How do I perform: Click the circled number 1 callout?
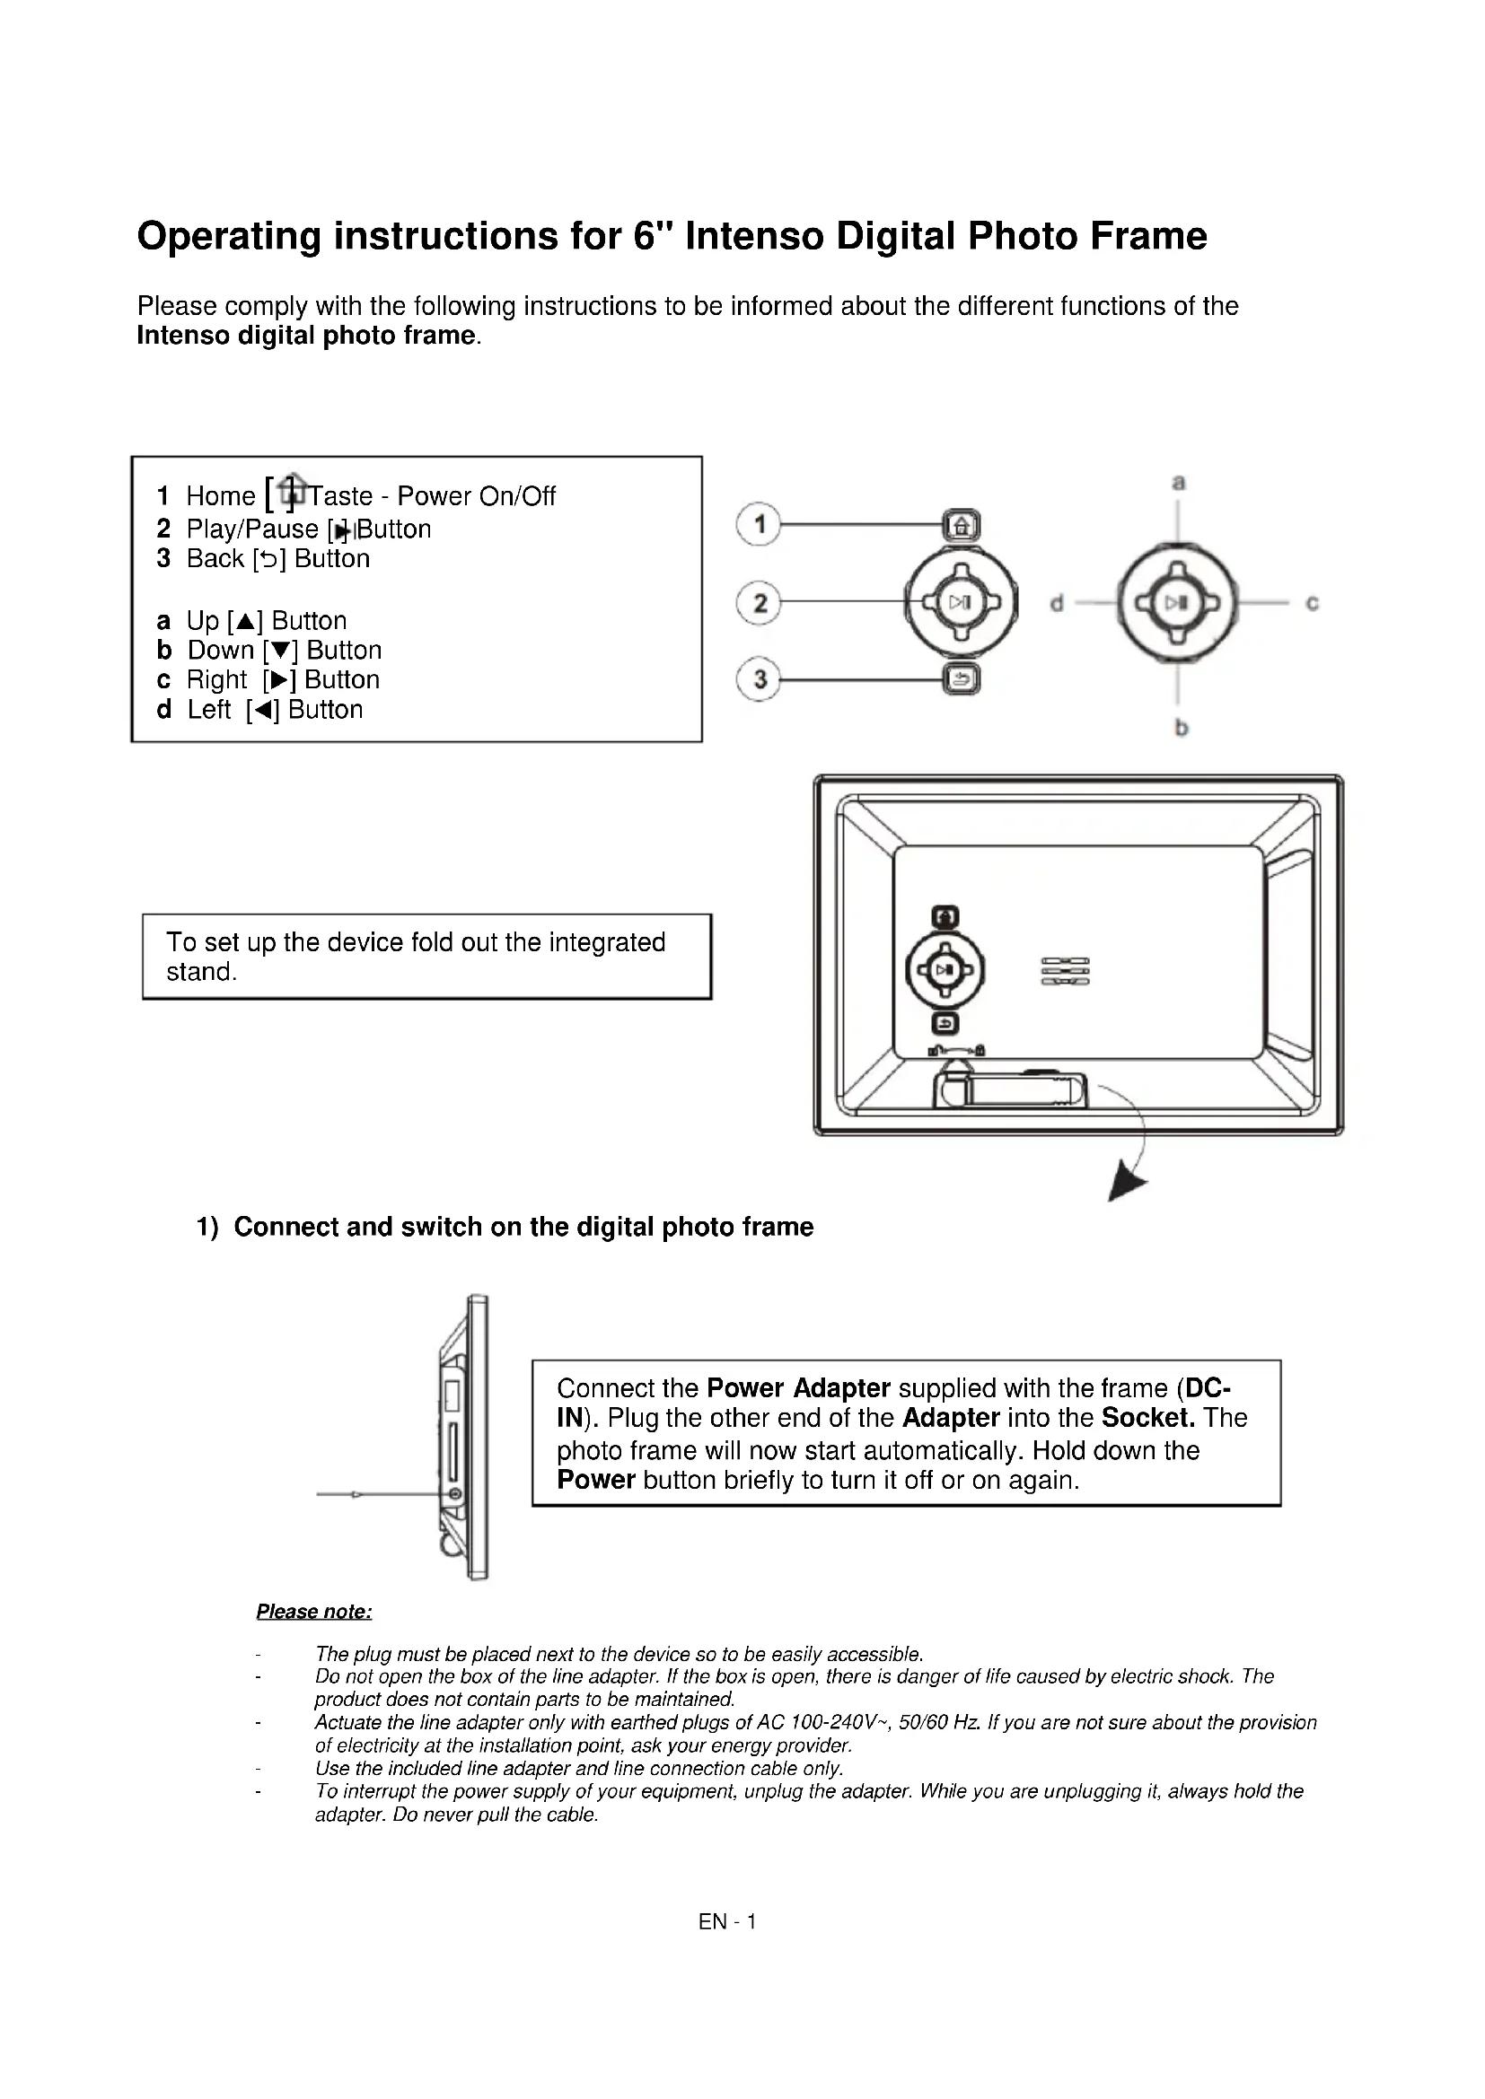pos(758,525)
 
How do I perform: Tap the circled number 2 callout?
pos(758,602)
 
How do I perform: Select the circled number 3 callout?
pos(758,679)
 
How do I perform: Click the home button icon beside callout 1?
pos(961,526)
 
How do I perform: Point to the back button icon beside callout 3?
pos(961,679)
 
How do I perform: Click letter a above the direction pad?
pos(1179,482)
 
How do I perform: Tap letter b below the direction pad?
pos(1181,728)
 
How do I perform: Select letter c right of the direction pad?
pos(1313,603)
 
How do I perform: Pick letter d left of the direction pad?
pos(1056,603)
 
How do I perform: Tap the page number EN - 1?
pos(727,1921)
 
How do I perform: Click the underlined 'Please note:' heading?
pos(313,1611)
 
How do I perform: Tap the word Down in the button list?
pos(220,650)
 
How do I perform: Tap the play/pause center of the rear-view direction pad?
pos(945,970)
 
